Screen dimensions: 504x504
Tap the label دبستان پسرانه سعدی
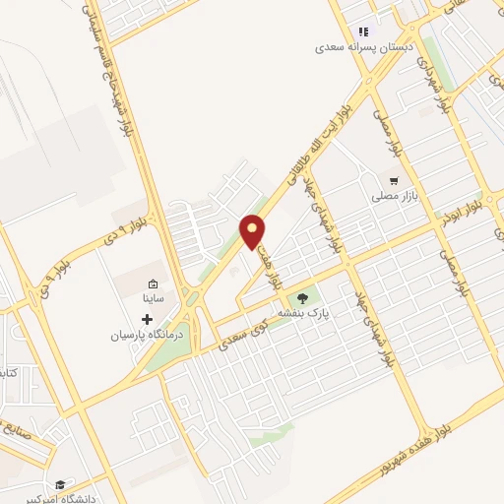coord(365,46)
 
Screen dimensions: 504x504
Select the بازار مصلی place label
coord(396,196)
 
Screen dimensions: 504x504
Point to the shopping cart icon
coord(395,180)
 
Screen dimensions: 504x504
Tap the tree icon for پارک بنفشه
coord(302,297)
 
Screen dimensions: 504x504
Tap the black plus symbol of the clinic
coord(148,319)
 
